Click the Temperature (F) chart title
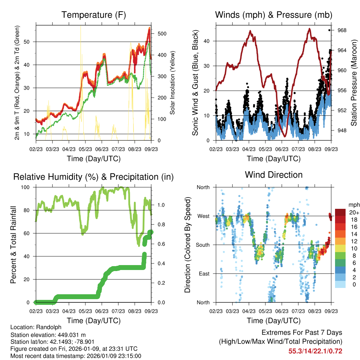(x=94, y=15)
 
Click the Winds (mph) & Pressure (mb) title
(x=274, y=15)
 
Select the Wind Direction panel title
(x=274, y=175)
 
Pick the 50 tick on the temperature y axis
(x=30, y=42)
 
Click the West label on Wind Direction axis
(x=203, y=216)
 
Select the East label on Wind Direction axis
(x=204, y=274)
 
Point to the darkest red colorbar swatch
(x=340, y=212)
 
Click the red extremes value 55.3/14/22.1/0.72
(x=315, y=351)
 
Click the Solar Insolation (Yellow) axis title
(x=173, y=83)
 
